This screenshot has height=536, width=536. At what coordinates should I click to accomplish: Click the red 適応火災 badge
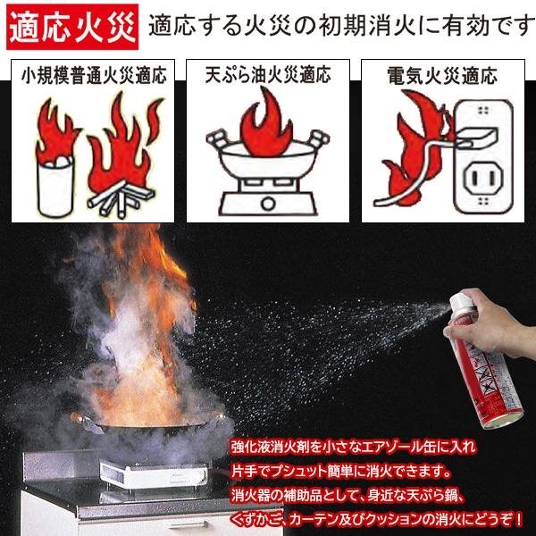(x=72, y=27)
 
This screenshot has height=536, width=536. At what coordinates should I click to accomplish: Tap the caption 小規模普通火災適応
(x=93, y=76)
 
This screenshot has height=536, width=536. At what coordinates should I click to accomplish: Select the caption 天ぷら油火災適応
(x=268, y=74)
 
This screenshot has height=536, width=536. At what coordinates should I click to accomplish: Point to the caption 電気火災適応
(x=442, y=75)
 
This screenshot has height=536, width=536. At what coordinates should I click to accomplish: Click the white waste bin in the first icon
(x=55, y=187)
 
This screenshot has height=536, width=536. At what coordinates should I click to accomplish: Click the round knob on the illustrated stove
(x=268, y=204)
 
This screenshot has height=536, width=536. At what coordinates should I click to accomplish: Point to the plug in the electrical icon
(x=475, y=138)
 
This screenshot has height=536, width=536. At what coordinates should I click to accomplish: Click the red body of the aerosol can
(x=489, y=376)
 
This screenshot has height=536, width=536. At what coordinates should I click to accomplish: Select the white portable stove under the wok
(x=153, y=474)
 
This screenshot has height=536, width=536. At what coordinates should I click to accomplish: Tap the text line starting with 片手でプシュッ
(x=341, y=472)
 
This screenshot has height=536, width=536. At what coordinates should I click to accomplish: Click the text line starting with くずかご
(x=377, y=520)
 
